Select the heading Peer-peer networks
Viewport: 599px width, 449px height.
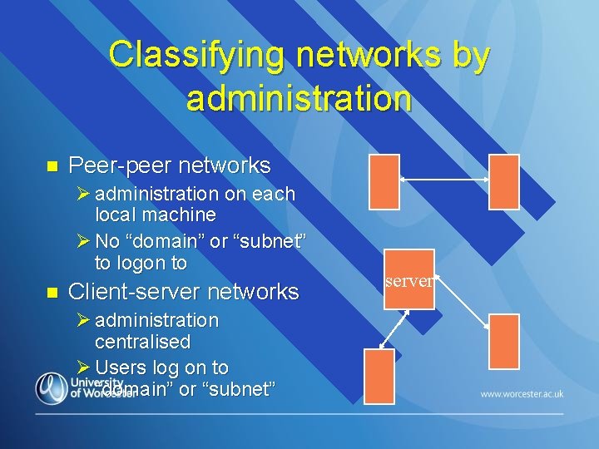[170, 165]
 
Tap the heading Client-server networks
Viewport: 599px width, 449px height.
[183, 292]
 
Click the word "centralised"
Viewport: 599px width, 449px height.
[142, 342]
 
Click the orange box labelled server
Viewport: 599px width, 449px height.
[408, 281]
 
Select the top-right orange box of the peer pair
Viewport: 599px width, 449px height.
[503, 181]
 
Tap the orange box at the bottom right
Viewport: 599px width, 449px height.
[503, 341]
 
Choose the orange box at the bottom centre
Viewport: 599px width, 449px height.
[379, 376]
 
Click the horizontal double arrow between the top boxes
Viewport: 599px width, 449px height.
[443, 179]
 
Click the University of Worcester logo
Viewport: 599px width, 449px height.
[83, 387]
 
